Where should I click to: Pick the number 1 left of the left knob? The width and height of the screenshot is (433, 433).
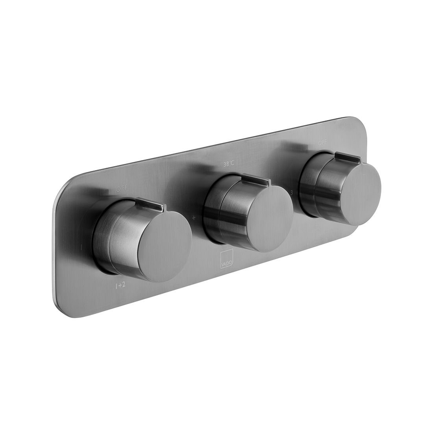click(81, 248)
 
